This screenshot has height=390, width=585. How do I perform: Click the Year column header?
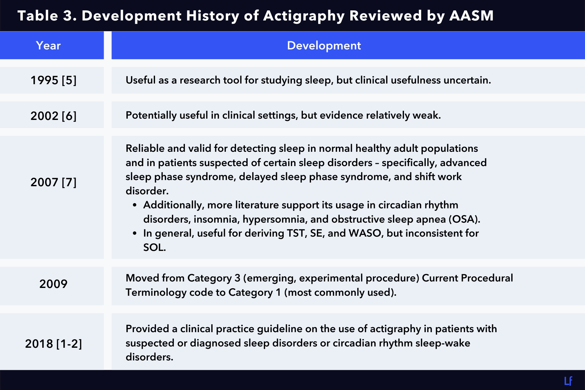pos(48,45)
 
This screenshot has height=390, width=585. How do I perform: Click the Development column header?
pos(324,45)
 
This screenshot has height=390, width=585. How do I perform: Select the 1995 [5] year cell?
pos(53,80)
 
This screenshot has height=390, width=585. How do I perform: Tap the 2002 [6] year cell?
pos(53,116)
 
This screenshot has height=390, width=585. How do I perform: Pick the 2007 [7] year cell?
pos(53,182)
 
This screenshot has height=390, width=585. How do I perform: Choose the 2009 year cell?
pos(53,284)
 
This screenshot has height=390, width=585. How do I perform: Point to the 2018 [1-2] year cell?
pos(53,344)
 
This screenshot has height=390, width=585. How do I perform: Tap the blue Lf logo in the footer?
pos(568,381)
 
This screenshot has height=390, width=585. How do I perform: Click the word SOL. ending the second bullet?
pos(154,248)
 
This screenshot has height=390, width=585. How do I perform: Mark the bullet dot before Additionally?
pos(135,205)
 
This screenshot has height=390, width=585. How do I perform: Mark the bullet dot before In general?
pos(135,234)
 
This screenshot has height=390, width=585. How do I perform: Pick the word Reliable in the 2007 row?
pos(145,149)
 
